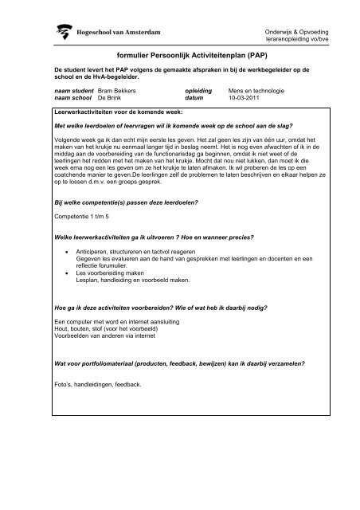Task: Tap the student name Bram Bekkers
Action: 119,113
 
